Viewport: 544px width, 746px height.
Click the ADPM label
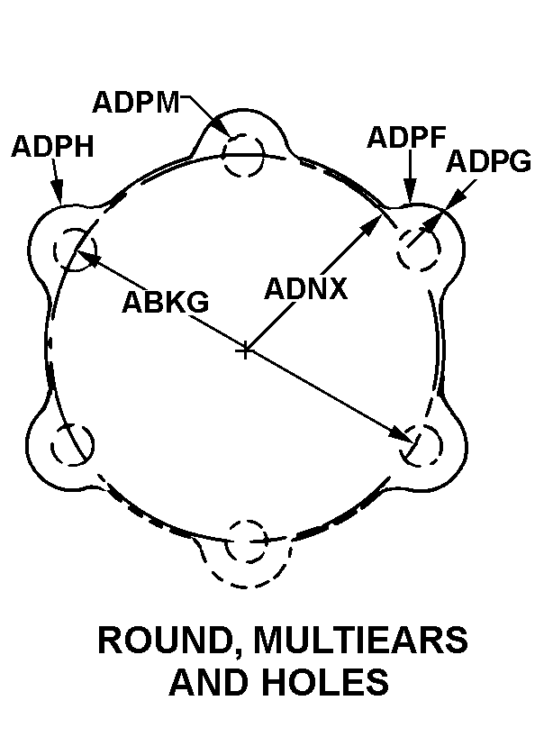pos(136,102)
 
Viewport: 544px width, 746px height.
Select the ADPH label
pos(53,146)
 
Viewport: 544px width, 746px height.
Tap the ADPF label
pos(406,138)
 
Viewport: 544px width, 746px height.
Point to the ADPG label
pos(488,161)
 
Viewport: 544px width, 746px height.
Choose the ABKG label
pos(165,302)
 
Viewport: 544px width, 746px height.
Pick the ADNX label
pos(305,288)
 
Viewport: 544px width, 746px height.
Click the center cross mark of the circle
pos(245,351)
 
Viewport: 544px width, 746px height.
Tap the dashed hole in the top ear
pos(243,155)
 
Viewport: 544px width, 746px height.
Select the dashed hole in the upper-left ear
pos(75,250)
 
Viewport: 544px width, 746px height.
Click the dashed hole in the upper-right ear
pos(419,250)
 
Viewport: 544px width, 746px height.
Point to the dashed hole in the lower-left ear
pos(72,444)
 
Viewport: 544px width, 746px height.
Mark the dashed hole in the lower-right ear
pos(422,446)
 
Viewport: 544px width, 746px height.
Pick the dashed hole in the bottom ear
pos(246,541)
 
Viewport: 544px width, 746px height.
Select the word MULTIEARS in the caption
pos(360,640)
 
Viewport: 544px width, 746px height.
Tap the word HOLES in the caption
pos(326,681)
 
